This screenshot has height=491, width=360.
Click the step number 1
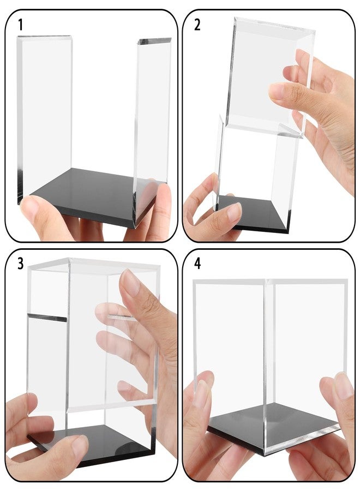point(21,25)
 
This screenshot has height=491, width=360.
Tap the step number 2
point(197,25)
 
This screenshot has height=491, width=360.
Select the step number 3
point(20,264)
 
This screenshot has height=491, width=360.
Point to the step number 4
point(197,264)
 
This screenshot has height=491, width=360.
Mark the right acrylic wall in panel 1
point(152,125)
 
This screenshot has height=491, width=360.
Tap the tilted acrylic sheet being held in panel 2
point(269,77)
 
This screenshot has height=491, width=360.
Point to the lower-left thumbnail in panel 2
point(234,212)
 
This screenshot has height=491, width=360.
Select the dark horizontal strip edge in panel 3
point(47,317)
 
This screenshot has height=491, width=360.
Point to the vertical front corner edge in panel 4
point(267,367)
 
